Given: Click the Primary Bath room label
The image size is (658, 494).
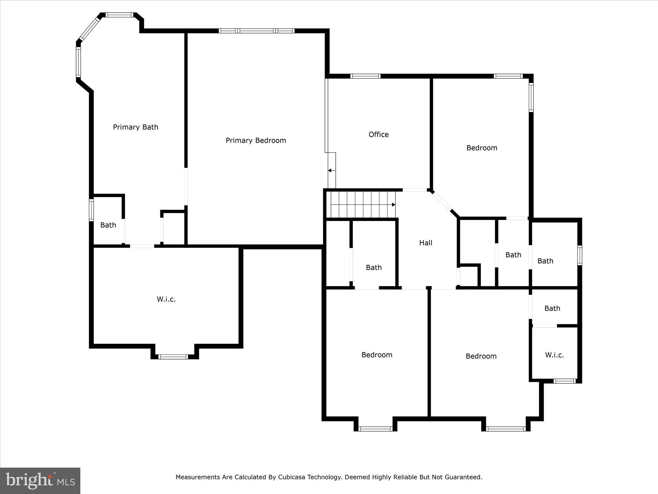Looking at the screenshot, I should click(135, 127).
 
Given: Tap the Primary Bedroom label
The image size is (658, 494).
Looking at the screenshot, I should click(256, 141).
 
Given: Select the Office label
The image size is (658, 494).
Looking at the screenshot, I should click(378, 134).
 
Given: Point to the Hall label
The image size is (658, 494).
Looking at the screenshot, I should click(425, 243).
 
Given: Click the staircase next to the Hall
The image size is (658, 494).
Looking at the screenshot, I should click(361, 205).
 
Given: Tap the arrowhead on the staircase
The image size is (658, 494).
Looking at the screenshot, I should click(394, 205).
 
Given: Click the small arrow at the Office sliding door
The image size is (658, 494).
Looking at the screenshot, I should click(330, 170).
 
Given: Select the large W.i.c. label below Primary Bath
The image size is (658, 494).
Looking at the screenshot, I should click(166, 299).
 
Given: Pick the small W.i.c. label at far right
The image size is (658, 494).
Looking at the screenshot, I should click(554, 355).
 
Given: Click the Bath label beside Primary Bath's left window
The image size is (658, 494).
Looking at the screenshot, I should click(108, 225).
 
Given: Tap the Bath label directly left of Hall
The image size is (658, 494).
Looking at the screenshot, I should click(374, 268).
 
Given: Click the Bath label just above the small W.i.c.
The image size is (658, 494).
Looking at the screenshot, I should click(552, 308).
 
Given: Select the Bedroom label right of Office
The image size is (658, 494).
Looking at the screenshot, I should click(482, 148).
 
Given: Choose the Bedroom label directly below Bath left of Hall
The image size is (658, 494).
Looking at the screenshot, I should click(377, 355).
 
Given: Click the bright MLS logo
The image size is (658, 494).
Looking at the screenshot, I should click(40, 480).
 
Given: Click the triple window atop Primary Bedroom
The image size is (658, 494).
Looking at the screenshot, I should click(256, 31).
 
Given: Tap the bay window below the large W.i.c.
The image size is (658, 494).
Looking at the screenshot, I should click(173, 356).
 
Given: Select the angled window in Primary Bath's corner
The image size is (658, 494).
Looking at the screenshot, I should click(90, 29).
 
